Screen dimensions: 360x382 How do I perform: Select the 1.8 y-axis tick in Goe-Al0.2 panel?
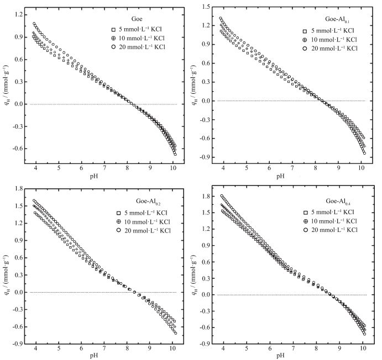coord(12,189)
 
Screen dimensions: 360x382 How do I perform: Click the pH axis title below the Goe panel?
coord(103,176)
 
